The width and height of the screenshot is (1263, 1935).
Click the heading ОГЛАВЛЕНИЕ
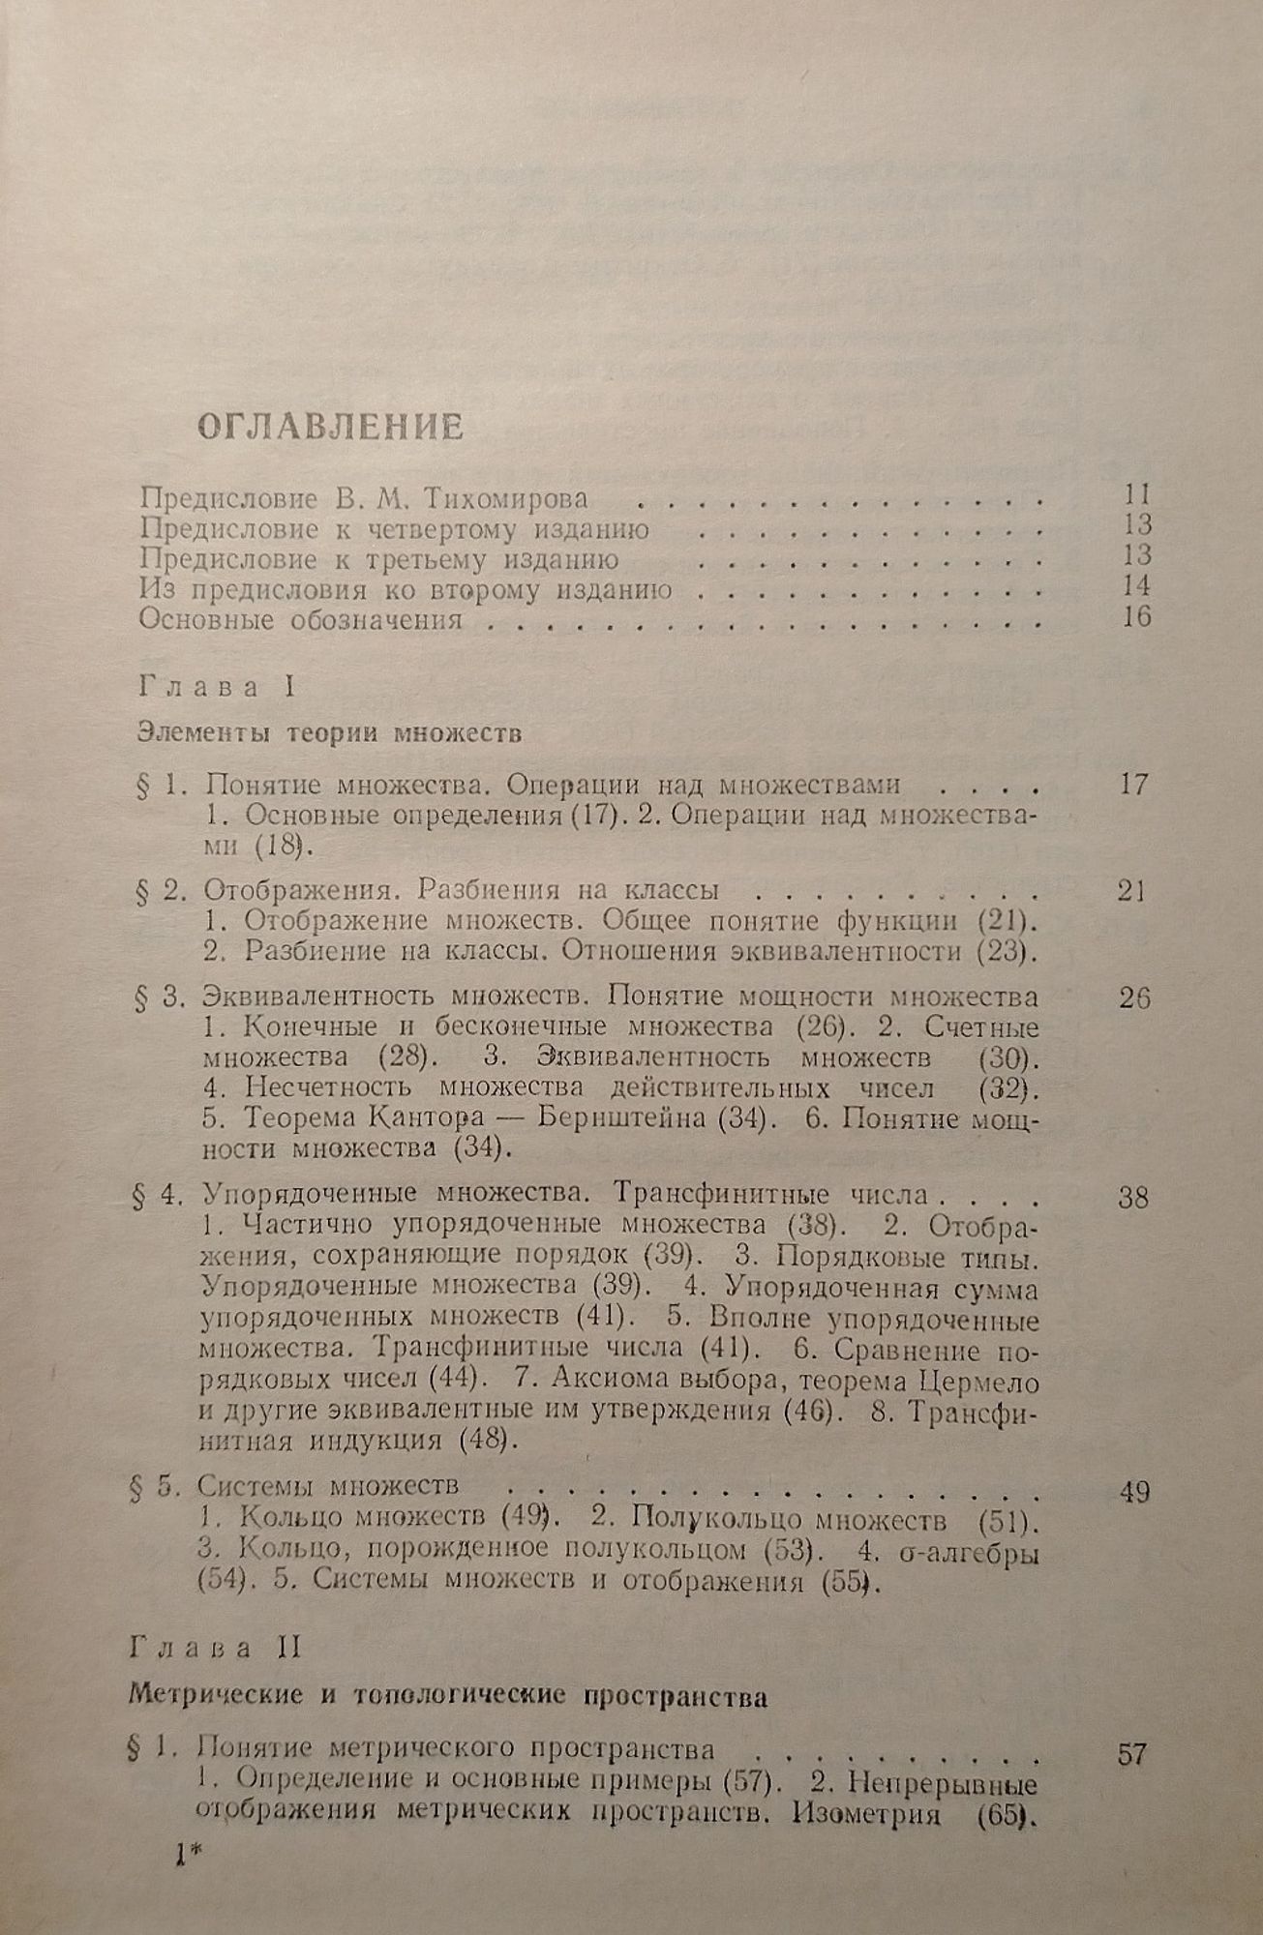click(330, 427)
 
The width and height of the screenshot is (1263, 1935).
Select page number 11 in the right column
click(1136, 494)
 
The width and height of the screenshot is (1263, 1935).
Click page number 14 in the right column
click(1136, 585)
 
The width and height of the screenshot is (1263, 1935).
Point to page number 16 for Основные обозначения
click(1136, 616)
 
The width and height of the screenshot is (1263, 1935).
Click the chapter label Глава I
click(216, 688)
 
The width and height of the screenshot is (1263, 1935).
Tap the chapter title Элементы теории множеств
click(330, 732)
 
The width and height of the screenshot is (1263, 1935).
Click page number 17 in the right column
click(1133, 784)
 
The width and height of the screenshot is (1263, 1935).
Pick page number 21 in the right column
click(1131, 891)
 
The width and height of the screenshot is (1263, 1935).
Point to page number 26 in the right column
click(1133, 997)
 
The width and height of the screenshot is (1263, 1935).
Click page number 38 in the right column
click(1132, 1199)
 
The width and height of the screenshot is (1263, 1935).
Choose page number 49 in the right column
click(1132, 1493)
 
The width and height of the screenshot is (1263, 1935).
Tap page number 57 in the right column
click(1131, 1754)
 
